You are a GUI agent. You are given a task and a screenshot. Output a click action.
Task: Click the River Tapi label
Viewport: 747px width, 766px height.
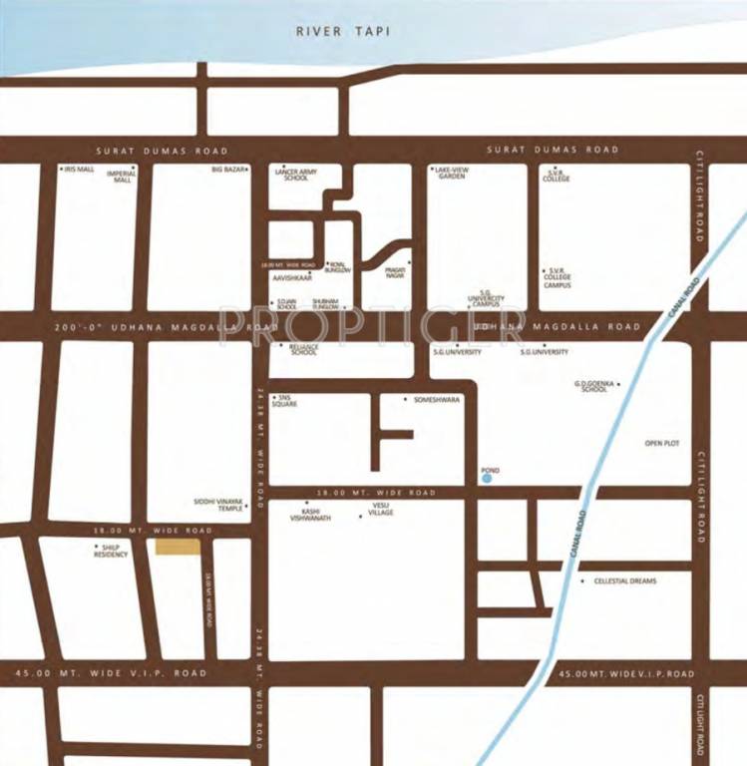click(x=342, y=31)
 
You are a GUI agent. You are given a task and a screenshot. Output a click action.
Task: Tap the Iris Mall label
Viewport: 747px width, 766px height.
click(x=79, y=170)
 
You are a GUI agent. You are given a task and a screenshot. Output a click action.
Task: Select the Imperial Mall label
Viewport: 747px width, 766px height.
click(x=123, y=176)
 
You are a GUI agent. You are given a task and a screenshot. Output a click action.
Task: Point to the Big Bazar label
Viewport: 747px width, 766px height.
click(x=228, y=170)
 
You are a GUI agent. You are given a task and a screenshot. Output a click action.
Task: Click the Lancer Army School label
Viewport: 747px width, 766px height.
click(x=295, y=175)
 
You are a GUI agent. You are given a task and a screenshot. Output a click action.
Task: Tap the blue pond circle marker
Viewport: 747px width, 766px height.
click(x=487, y=479)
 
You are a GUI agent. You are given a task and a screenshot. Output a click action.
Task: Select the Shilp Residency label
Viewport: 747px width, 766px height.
click(x=111, y=551)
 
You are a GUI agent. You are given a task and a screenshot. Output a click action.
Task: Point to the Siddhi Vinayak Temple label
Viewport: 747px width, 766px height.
click(x=218, y=505)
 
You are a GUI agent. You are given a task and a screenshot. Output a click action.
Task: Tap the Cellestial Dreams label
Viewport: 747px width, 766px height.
click(x=624, y=580)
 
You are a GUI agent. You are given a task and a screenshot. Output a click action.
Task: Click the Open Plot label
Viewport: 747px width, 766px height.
click(x=662, y=443)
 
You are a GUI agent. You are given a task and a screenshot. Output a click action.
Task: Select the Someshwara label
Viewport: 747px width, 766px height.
click(x=437, y=399)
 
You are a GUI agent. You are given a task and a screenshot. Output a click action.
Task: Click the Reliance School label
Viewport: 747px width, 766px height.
click(x=303, y=349)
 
